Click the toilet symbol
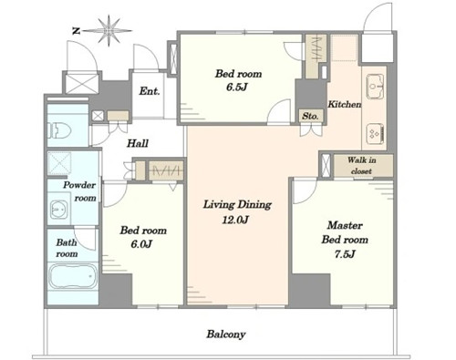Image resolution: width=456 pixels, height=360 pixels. click(60, 130)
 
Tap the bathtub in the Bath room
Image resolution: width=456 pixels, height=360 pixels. click(73, 276)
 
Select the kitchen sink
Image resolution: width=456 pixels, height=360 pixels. click(375, 87)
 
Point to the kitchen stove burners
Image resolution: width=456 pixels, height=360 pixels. click(376, 134)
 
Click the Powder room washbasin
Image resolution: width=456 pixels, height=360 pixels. click(58, 210)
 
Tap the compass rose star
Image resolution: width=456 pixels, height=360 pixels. click(109, 31)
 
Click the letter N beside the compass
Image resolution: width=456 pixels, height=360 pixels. click(76, 31)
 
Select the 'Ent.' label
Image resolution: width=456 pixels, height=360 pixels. click(150, 91)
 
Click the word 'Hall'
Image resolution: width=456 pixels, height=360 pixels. click(138, 143)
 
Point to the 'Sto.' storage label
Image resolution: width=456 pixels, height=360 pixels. click(310, 116)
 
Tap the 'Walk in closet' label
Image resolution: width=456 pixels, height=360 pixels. click(361, 165)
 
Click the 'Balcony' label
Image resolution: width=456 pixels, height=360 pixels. click(226, 334)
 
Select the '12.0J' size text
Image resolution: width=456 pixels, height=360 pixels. click(235, 220)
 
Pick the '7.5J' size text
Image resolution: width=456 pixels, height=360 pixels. click(345, 254)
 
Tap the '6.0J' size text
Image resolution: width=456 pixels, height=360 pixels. click(141, 244)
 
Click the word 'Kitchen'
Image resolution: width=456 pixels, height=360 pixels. click(345, 104)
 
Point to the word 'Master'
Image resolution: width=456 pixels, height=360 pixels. click(345, 225)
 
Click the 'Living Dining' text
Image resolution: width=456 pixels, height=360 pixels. click(237, 204)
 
